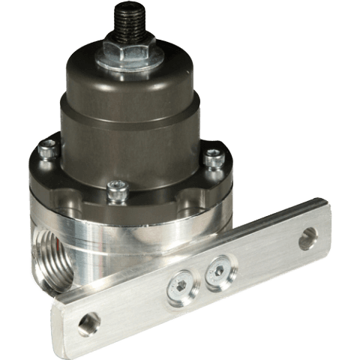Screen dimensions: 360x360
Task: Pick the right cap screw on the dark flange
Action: [214, 157]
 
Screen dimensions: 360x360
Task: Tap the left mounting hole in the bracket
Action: [89, 324]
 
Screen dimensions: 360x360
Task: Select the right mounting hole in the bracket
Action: [308, 241]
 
